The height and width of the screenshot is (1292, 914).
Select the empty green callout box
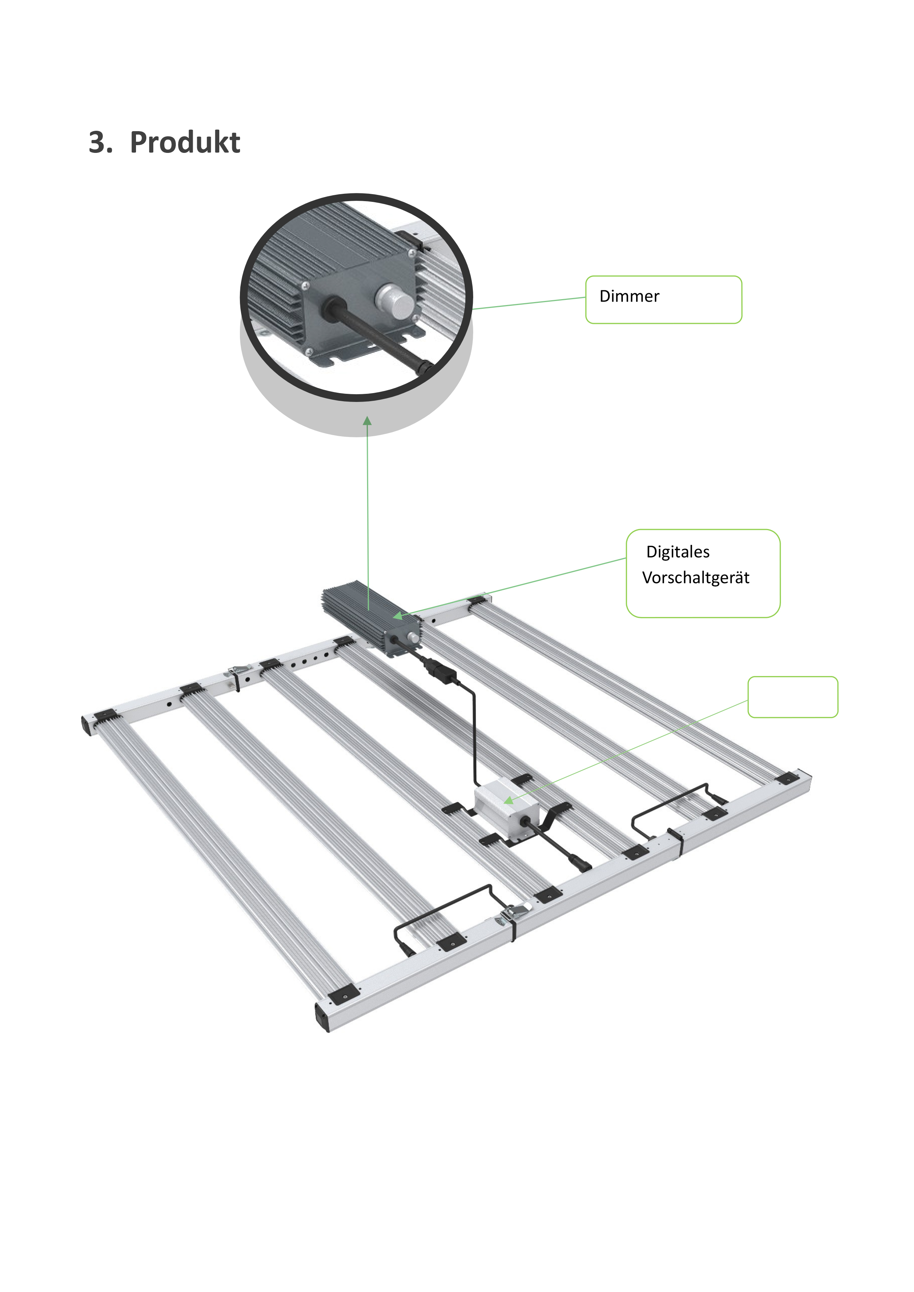[x=792, y=697]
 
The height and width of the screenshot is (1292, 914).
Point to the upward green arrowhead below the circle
[x=367, y=421]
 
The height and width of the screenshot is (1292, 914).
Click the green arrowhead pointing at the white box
[x=508, y=799]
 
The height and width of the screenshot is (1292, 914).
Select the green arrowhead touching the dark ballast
[x=398, y=616]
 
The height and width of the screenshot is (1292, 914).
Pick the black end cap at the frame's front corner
[x=322, y=1018]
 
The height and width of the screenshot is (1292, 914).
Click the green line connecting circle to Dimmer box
[x=529, y=303]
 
